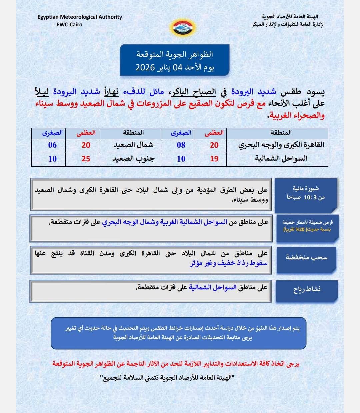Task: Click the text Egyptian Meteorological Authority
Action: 80,17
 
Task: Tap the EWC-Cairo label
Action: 69,24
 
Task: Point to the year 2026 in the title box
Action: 145,67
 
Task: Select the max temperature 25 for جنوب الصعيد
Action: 86,159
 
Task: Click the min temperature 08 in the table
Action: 181,145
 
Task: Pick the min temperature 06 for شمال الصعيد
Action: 52,145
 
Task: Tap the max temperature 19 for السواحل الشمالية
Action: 214,159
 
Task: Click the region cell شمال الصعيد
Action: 133,145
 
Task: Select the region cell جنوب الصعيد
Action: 133,159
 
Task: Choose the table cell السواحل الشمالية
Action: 281,159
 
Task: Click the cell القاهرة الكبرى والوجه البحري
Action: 281,145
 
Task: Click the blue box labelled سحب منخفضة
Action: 306,257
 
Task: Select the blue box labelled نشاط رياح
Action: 307,289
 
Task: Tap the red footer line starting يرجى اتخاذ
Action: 176,364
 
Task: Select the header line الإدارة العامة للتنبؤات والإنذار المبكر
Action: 288,24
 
